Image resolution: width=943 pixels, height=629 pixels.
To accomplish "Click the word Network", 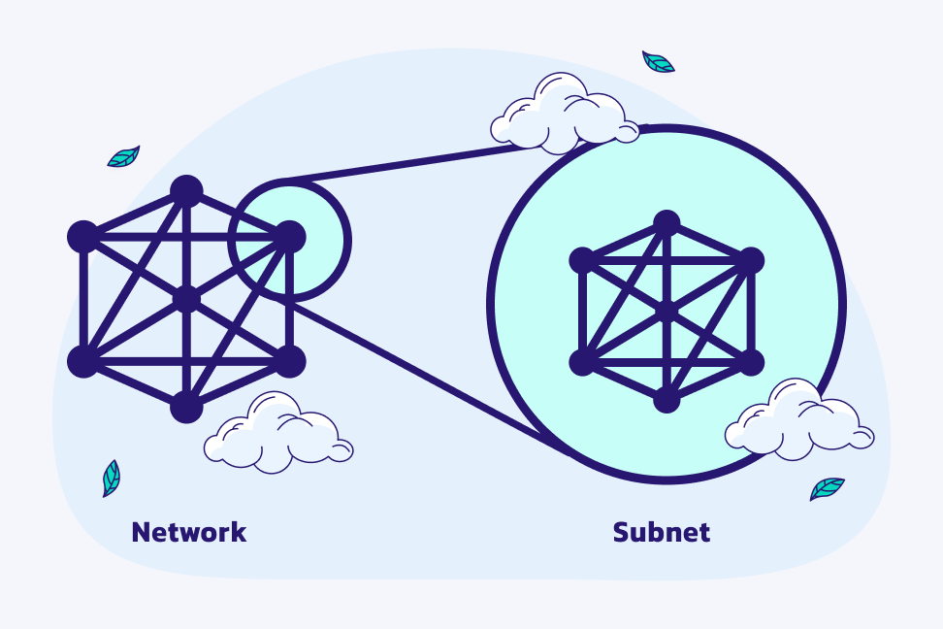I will (188, 532).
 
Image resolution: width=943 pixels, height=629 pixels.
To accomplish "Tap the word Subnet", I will (661, 532).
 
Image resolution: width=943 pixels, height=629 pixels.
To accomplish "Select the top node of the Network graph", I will (186, 190).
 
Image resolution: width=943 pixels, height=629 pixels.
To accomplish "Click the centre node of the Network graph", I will (186, 299).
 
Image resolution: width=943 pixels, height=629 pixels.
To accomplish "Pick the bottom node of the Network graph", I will (186, 407).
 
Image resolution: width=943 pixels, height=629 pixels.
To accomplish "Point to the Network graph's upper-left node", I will (83, 236).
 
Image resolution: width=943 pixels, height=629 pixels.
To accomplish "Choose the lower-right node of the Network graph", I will (289, 361).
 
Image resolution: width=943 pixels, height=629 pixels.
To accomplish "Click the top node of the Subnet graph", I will (666, 223).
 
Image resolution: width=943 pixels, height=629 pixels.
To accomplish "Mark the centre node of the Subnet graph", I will (666, 311).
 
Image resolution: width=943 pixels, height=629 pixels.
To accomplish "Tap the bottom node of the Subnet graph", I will (666, 398).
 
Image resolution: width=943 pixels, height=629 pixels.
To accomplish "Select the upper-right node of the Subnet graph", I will (750, 260).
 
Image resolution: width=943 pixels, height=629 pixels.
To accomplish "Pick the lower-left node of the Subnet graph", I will (581, 362).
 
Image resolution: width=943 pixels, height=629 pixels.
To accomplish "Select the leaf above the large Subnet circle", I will (658, 62).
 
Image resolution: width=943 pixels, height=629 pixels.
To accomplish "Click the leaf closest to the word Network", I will (112, 478).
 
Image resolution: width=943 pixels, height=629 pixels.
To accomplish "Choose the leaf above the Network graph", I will (123, 156).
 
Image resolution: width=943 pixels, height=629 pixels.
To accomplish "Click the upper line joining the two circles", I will (407, 164).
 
